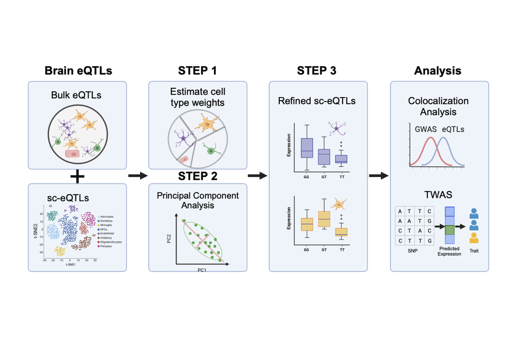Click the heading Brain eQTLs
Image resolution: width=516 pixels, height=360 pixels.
point(78,71)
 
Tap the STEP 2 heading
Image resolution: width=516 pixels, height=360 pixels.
point(198,176)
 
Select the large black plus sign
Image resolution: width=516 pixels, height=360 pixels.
point(77,177)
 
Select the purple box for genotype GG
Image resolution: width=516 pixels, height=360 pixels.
point(307,148)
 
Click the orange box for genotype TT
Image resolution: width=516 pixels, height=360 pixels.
point(342,231)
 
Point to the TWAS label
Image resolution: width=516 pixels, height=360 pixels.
point(438,195)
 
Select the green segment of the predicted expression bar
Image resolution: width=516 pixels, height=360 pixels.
point(449,230)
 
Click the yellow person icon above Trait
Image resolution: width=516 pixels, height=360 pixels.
point(474,238)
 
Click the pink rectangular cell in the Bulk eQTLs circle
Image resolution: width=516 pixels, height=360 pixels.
point(73,154)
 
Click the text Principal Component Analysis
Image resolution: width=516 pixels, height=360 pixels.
point(198,200)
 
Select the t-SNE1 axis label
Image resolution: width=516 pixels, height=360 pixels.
point(70,265)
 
